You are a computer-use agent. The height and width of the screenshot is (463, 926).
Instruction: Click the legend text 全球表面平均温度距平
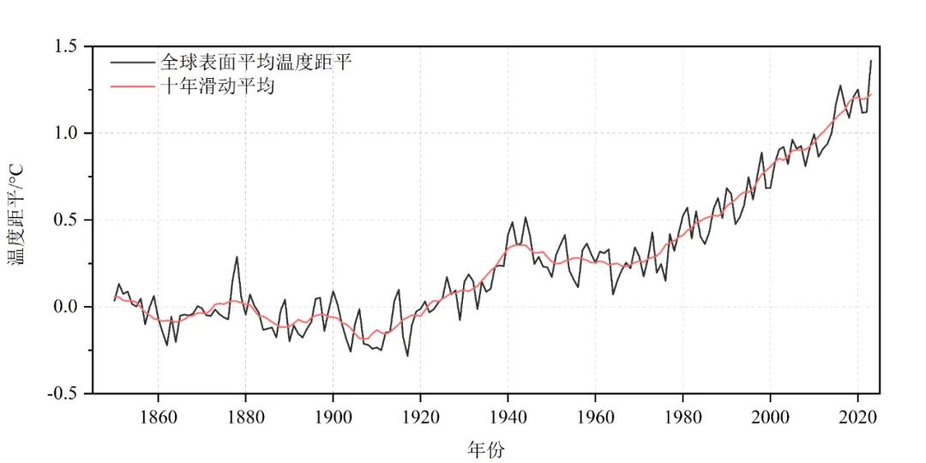point(255,63)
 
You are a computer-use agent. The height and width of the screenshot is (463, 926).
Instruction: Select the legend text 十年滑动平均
point(216,87)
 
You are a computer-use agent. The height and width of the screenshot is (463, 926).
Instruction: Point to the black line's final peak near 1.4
point(871,61)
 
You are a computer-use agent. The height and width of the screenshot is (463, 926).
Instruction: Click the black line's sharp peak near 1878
point(237,256)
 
